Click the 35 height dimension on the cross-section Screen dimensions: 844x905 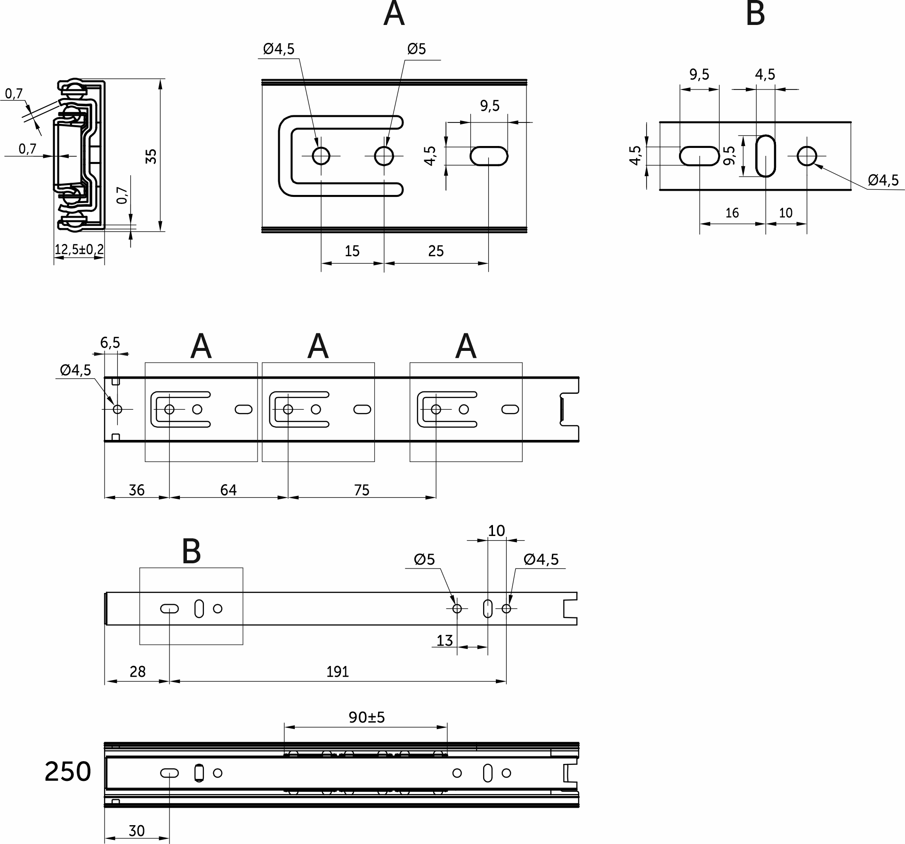151,156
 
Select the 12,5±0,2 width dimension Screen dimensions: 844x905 79,250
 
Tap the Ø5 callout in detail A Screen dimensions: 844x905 416,49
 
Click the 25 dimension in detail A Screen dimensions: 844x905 436,251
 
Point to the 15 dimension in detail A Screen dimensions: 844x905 352,251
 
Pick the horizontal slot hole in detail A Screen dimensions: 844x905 489,156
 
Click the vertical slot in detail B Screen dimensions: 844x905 766,156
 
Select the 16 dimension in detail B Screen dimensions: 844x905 732,213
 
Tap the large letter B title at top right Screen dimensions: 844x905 755,14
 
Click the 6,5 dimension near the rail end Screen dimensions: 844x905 110,343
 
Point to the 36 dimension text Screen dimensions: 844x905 137,490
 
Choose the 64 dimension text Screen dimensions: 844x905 228,490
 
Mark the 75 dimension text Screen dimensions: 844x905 362,490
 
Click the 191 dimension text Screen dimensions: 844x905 338,672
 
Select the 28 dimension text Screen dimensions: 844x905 137,672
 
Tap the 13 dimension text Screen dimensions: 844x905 444,641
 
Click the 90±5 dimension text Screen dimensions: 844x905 367,717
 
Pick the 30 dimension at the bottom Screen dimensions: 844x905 137,831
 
